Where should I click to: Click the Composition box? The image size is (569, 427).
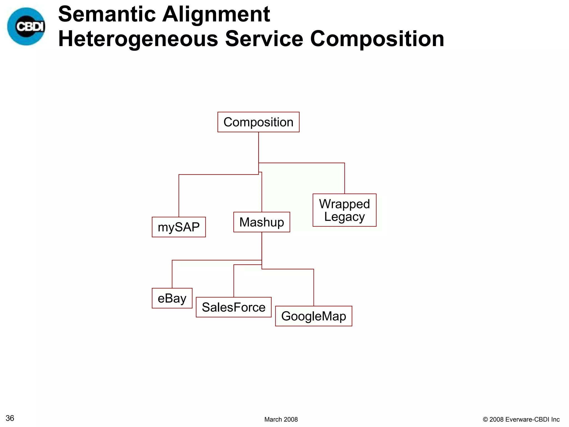[x=258, y=122]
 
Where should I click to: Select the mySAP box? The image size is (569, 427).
[x=179, y=227]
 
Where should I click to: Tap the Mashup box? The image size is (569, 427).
[x=261, y=222]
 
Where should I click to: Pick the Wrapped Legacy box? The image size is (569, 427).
[x=344, y=210]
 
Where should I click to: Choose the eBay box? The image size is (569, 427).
[x=172, y=298]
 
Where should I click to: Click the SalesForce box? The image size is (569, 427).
[x=233, y=307]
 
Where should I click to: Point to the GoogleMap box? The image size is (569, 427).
[x=313, y=316]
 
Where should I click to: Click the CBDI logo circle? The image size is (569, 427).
[x=26, y=26]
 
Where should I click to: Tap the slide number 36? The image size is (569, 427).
[x=10, y=418]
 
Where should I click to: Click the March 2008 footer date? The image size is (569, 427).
[x=281, y=419]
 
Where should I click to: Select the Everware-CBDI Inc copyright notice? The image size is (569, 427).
[x=521, y=419]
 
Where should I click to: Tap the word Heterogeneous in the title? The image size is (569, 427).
[x=138, y=39]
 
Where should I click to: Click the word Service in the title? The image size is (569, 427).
[x=264, y=39]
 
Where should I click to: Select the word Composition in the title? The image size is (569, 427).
[x=377, y=39]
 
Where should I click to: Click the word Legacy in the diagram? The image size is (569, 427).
[x=344, y=217]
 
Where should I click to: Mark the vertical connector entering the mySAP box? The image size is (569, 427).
[x=179, y=196]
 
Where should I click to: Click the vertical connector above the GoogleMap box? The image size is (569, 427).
[x=314, y=288]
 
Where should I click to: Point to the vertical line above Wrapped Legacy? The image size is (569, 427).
[x=345, y=178]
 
